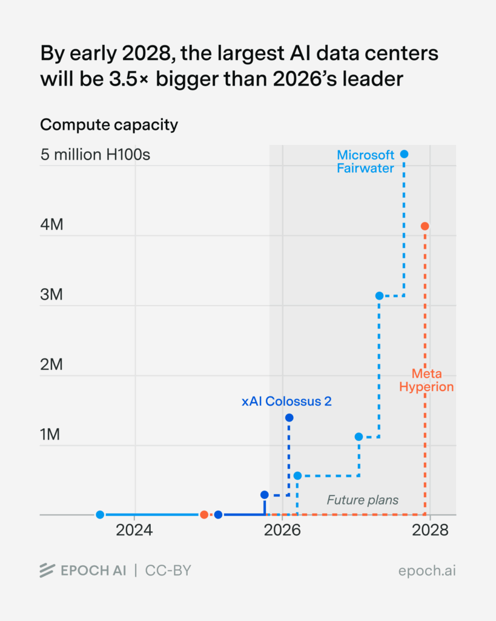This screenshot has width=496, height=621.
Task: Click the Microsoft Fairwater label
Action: (x=366, y=161)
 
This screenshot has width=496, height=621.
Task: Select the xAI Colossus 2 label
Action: (x=286, y=401)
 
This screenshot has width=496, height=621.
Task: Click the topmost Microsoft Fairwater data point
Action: (x=405, y=154)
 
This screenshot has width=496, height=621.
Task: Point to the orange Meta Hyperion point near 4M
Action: (x=425, y=226)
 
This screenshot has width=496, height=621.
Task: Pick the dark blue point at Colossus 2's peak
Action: (x=289, y=418)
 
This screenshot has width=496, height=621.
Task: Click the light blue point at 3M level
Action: (x=379, y=296)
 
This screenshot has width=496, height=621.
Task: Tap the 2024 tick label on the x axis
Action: (x=134, y=531)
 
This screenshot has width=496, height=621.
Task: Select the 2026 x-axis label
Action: (x=282, y=531)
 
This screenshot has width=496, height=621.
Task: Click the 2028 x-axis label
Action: (x=429, y=531)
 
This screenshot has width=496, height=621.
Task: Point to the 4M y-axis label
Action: (x=51, y=225)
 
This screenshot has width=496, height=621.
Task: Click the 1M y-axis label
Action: (x=51, y=435)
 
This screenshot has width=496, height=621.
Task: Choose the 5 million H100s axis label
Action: (x=95, y=155)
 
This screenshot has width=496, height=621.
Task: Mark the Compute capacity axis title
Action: (x=109, y=125)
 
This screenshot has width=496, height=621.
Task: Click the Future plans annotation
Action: (x=363, y=500)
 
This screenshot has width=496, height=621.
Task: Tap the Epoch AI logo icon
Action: (x=47, y=571)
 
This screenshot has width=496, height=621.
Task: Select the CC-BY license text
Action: (x=168, y=571)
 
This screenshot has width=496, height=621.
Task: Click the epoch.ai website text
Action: (x=427, y=571)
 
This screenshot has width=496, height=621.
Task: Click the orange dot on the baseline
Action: (x=204, y=515)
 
